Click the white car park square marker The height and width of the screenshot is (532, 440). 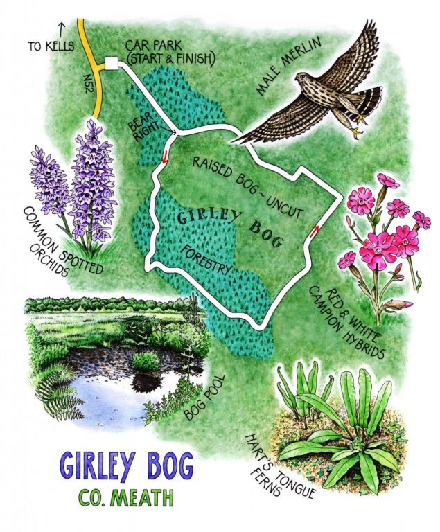coord(111,64)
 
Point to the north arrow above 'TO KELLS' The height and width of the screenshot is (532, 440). coord(62,29)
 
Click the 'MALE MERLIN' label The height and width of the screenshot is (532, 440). coord(264,66)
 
